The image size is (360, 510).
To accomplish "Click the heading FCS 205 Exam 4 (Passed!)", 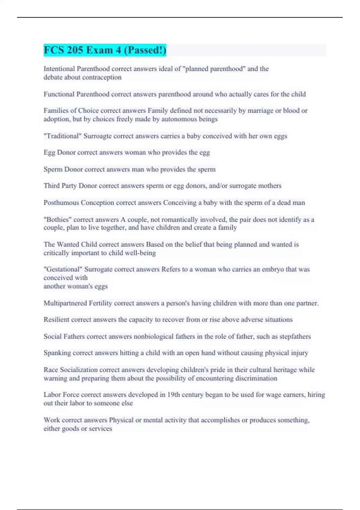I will click(105, 50).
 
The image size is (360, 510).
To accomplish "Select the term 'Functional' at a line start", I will click(59, 94).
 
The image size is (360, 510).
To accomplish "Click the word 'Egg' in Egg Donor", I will click(49, 153).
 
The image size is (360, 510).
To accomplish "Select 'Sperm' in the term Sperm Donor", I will click(53, 169).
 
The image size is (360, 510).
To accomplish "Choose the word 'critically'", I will click(56, 253).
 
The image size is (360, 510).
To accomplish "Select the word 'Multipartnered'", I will click(65, 303).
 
